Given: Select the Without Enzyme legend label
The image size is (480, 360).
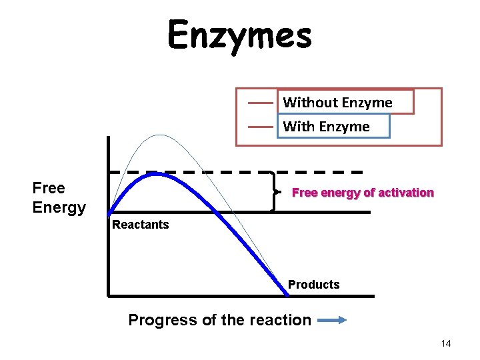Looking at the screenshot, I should [337, 103].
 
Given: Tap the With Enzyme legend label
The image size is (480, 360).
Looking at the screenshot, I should [326, 126].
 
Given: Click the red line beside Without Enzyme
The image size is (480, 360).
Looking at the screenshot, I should [261, 103].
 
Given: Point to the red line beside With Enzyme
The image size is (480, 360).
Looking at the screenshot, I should [261, 126].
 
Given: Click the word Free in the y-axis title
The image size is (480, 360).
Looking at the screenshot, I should [49, 188].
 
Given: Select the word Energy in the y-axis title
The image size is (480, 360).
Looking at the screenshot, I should [59, 207].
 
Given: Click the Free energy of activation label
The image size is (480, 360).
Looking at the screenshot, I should [363, 193].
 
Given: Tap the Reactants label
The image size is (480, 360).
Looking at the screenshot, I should [141, 225].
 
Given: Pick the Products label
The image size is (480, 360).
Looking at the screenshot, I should [313, 285].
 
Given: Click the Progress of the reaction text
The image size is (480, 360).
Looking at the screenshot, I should [219, 320].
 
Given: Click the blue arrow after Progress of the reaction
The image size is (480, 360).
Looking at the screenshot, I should [332, 320].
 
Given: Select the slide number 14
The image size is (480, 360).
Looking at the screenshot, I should [446, 343].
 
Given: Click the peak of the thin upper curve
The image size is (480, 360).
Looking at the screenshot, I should [159, 135].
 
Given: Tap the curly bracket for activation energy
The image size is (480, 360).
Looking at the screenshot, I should [273, 192].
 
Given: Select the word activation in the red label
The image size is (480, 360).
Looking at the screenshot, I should [406, 193].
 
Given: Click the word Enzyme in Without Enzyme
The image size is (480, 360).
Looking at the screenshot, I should [366, 103].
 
